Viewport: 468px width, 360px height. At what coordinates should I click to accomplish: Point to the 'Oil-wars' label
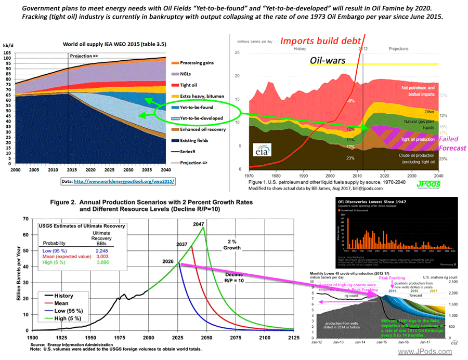(x=328, y=61)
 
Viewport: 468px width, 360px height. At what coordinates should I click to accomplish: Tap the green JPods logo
(x=427, y=183)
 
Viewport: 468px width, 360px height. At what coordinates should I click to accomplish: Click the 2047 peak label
(x=198, y=224)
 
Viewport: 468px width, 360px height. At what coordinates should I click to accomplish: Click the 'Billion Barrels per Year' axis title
(x=19, y=273)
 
